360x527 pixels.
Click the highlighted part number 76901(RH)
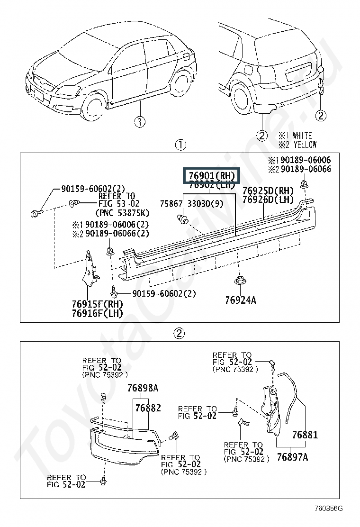point(212,176)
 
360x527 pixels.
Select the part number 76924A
point(241,300)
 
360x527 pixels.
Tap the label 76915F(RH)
point(97,304)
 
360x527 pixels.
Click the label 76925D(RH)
point(268,191)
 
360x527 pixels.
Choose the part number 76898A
point(143,388)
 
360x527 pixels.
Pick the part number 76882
point(148,408)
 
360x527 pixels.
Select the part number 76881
point(305,434)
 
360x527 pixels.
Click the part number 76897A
point(292,457)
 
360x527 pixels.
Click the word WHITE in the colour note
point(302,136)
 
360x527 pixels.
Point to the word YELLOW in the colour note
point(305,145)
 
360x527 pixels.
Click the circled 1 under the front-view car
point(139,122)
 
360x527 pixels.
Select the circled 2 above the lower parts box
point(179,333)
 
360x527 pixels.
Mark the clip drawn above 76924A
point(240,281)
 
